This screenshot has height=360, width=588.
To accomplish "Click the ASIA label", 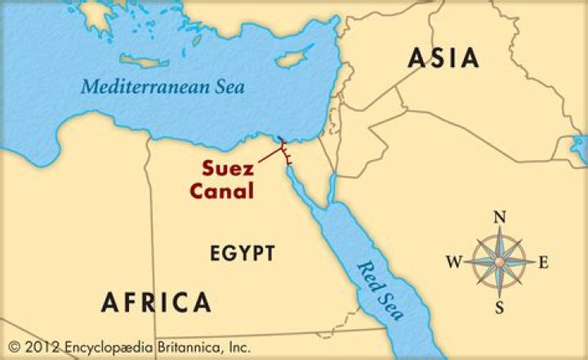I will tap(443, 58).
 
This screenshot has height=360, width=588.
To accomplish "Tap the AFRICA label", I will tap(156, 302).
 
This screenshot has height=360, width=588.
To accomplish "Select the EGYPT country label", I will tap(243, 253).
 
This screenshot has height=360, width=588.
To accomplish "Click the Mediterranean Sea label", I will tap(163, 86).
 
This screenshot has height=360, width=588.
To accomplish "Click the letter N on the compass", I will tap(500, 217).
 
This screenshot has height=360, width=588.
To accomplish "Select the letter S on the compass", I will tap(499, 307).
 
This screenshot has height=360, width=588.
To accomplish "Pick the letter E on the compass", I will tap(544, 262).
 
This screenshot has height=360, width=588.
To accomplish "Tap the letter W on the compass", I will tap(453, 262).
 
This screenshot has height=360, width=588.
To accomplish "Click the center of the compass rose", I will tap(499, 262).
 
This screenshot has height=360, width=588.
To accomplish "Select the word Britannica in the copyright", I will tap(180, 347).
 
